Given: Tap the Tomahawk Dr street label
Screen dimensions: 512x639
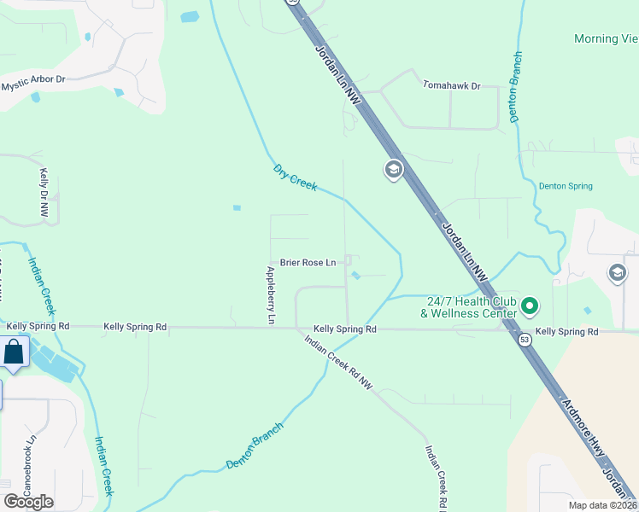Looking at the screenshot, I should [452, 85].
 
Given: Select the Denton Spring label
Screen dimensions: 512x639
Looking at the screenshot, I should [565, 186].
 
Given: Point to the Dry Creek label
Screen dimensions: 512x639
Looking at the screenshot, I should [295, 177].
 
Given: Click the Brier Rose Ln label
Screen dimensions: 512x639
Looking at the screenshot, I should [308, 263].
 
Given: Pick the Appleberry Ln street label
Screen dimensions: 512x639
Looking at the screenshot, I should [271, 295].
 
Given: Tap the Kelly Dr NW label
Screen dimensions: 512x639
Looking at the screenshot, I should [44, 193].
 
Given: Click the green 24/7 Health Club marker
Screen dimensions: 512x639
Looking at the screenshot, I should [530, 305].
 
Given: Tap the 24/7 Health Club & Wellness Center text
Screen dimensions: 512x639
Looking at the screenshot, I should [469, 306].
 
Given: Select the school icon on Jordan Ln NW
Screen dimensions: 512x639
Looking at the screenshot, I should [393, 170].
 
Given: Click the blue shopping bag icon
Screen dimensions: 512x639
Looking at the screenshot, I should [15, 351].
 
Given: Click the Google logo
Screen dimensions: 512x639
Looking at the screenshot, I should [28, 501].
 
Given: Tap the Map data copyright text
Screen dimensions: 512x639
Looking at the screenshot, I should [603, 505].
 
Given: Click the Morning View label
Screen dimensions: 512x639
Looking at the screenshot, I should [606, 38].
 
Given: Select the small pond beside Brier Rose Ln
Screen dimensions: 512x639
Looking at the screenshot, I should [355, 275].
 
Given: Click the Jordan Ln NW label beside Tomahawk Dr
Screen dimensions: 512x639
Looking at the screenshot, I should [337, 76].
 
